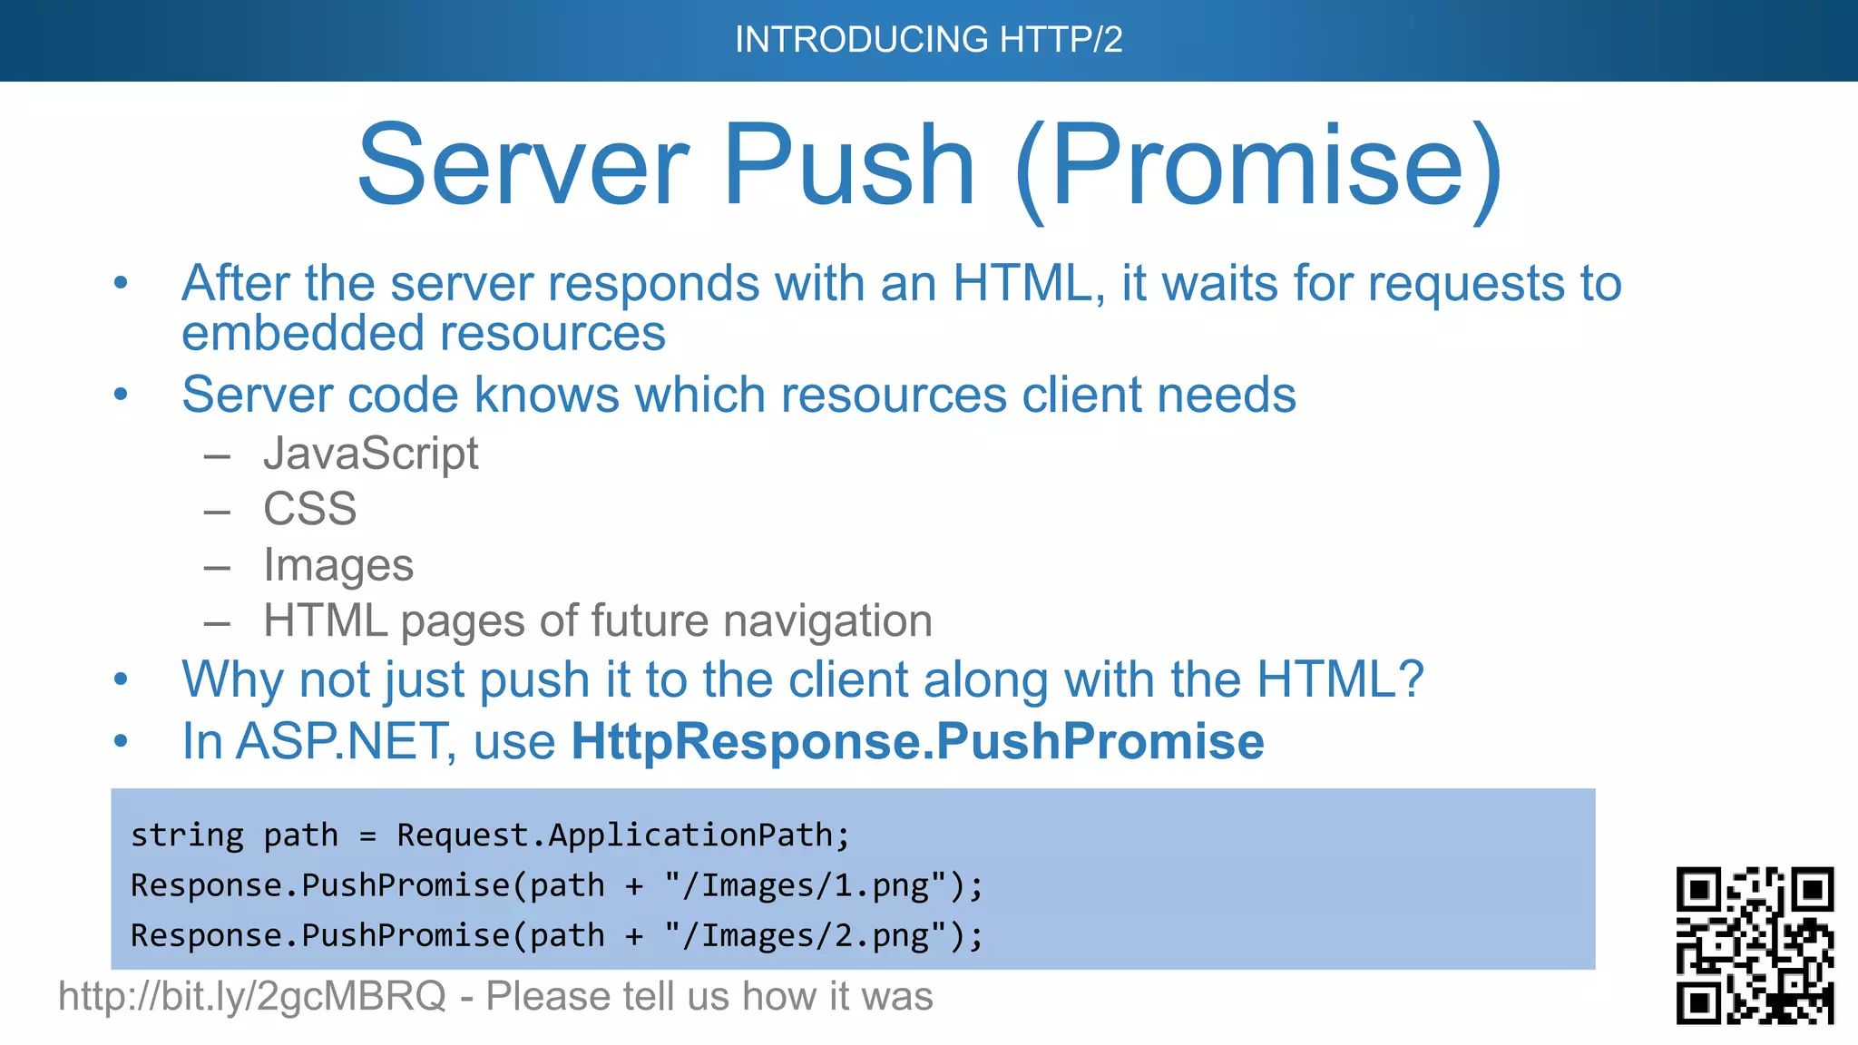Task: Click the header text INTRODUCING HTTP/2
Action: coord(928,40)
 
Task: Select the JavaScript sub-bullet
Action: coord(370,453)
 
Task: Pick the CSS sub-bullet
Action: coord(309,508)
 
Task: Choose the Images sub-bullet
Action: coord(337,565)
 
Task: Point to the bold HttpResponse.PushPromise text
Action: coord(917,741)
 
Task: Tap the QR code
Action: coord(1755,945)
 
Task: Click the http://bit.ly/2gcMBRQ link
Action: coord(252,996)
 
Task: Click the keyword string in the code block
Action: coord(187,835)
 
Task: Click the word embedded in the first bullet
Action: coord(291,333)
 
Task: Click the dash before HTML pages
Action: coord(217,623)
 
